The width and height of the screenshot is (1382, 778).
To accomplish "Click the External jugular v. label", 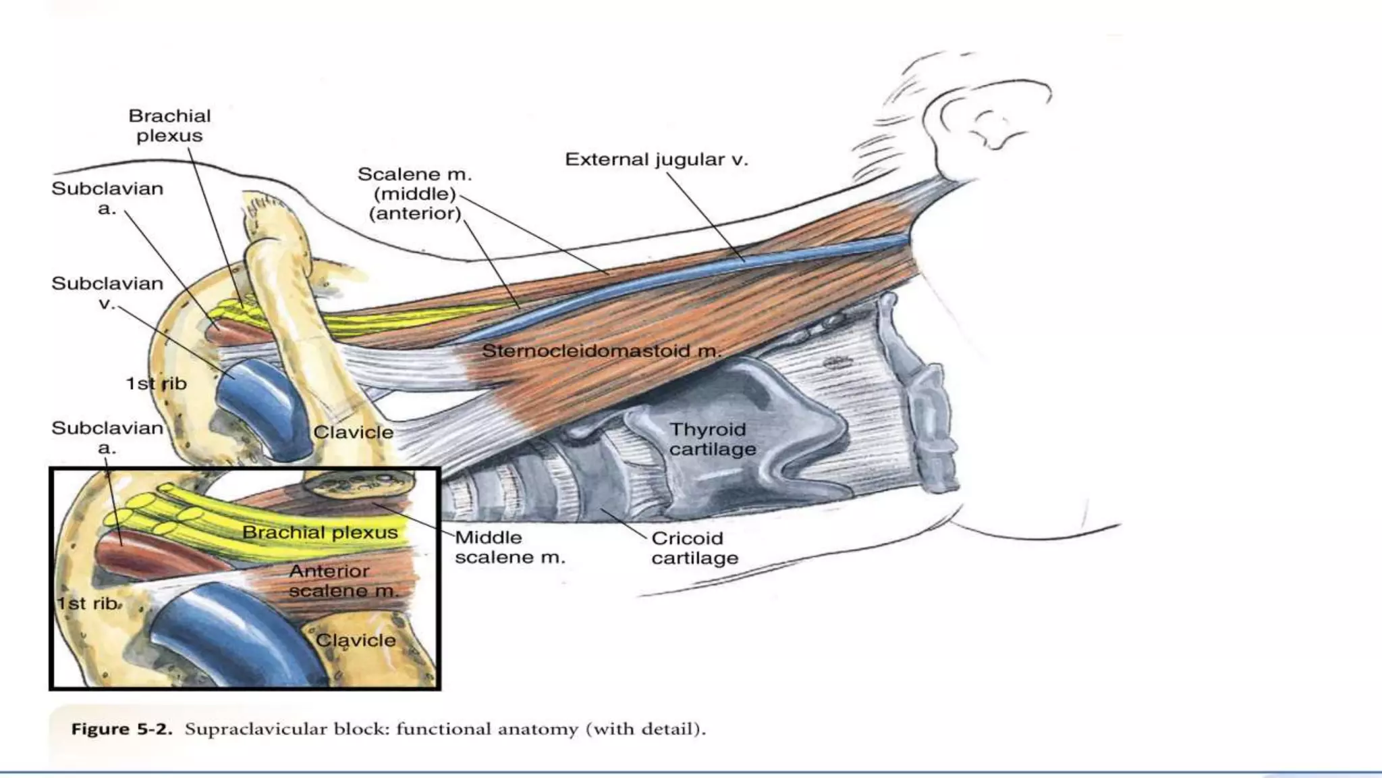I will click(656, 160).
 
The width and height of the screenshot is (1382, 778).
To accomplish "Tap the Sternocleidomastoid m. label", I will click(601, 351).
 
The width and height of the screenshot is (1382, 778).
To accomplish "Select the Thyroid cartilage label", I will click(712, 439).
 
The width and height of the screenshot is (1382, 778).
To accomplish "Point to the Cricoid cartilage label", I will click(694, 548).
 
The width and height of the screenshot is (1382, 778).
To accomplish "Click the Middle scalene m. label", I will click(509, 547).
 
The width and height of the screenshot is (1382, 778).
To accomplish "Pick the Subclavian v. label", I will click(107, 293).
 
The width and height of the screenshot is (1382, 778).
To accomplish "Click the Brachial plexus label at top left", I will click(169, 126).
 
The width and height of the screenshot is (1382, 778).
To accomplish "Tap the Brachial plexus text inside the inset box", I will click(320, 533).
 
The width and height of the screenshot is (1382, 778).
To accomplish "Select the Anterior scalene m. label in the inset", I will click(343, 581).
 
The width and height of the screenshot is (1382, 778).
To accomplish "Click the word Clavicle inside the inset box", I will click(356, 640).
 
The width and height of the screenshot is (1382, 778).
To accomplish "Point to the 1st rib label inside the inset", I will click(88, 603).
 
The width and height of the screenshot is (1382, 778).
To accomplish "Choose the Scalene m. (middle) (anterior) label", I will click(414, 194).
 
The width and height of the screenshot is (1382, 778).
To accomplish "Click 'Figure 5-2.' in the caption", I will click(121, 729).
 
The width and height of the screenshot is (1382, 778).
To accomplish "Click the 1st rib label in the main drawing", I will click(156, 384).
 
